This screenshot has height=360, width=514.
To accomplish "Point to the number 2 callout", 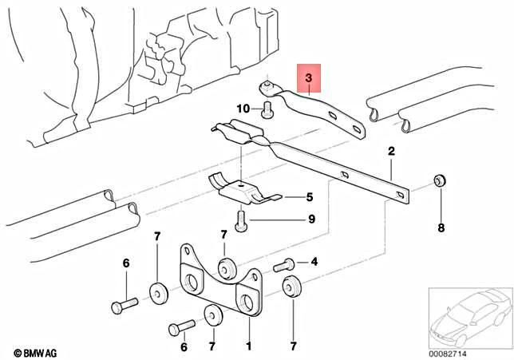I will point(392,150).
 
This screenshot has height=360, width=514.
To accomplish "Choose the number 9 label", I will point(311,219).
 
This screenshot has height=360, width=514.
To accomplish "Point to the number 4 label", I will point(314,261).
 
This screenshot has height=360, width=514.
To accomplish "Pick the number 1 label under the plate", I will point(248,346).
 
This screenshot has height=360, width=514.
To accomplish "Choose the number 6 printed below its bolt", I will point(184,346).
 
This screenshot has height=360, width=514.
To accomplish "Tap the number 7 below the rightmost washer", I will point(293,346).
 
